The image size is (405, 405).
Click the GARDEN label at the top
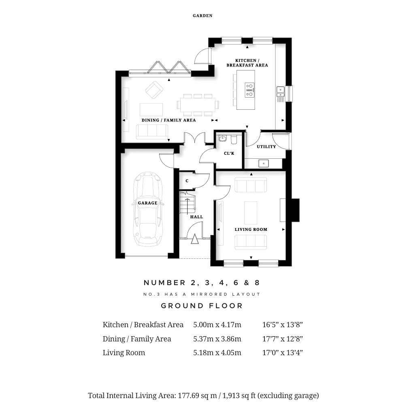click(x=202, y=16)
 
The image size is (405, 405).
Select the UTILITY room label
click(x=266, y=147)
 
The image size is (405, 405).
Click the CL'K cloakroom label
click(x=229, y=153)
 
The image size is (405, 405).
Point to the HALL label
click(x=196, y=217)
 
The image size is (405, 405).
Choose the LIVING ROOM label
click(x=251, y=229)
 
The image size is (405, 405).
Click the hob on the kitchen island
click(x=249, y=90)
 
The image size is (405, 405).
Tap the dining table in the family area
click(x=198, y=105)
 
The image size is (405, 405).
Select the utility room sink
click(x=264, y=163)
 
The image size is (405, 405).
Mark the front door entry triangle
click(x=195, y=239)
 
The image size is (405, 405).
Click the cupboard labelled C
click(x=187, y=181)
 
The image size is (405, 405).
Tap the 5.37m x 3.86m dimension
click(x=217, y=339)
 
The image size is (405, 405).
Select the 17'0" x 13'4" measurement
click(x=283, y=353)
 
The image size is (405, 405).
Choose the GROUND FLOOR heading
click(x=202, y=306)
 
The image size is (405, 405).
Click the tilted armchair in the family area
click(x=154, y=90)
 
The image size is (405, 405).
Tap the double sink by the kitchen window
click(x=281, y=92)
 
